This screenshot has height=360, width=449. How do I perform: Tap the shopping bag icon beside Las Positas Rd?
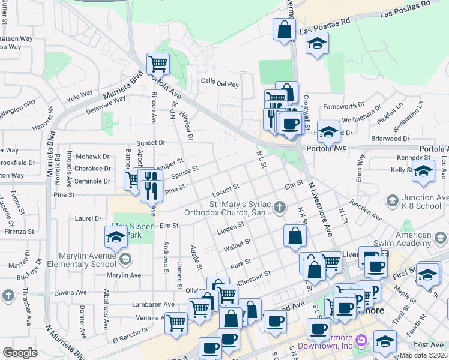coord(284,29)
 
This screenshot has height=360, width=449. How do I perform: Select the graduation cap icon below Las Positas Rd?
coord(317,43)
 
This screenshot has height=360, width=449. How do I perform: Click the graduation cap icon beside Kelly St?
coord(423,171)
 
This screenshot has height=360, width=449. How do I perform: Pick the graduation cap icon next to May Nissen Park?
coord(116,237)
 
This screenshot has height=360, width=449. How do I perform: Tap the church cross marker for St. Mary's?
coord(279,208)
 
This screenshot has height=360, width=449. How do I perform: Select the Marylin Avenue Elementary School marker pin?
coord(125,259)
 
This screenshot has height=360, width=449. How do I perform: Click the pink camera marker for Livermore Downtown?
coord(361,341)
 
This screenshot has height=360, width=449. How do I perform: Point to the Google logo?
coord(20,353)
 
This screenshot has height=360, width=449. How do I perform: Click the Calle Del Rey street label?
coord(220,85)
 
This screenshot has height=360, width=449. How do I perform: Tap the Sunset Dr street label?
coord(150,143)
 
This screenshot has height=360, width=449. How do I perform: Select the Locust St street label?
coord(226,190)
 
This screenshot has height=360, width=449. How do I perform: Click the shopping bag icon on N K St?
coord(294,236)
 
